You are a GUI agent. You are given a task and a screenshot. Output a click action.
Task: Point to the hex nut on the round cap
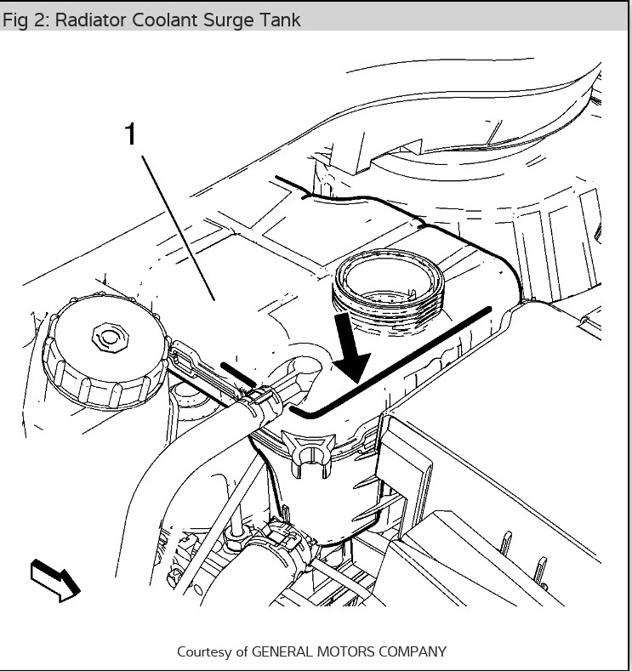pos(108,337)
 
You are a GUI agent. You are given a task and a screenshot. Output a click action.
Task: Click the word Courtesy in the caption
pos(205,652)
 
